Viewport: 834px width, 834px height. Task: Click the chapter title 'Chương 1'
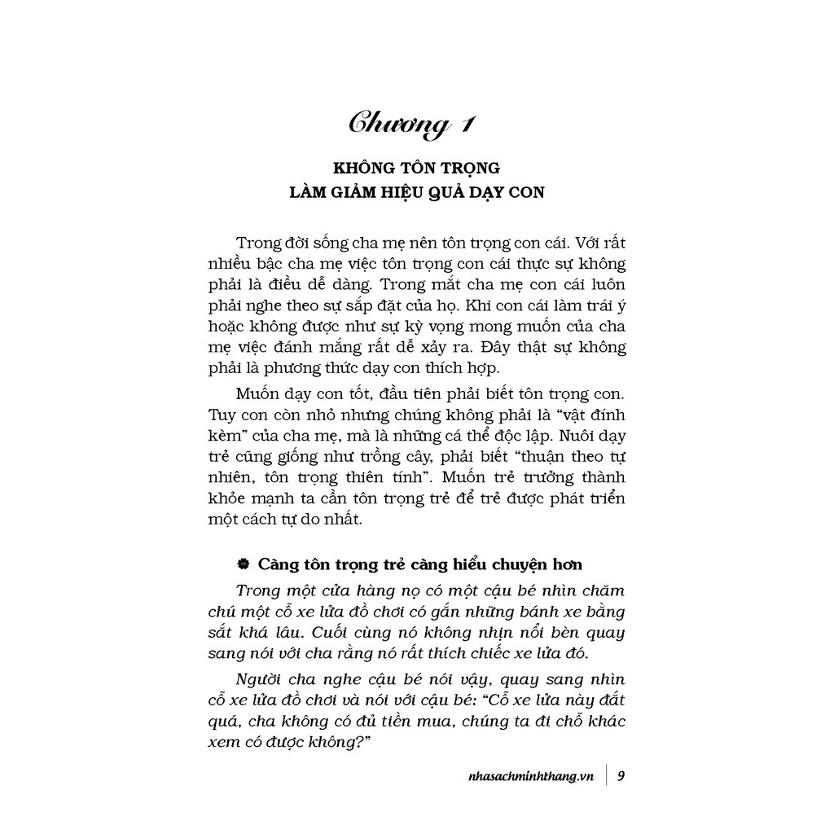(x=411, y=124)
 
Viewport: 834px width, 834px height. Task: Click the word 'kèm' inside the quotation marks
(x=218, y=435)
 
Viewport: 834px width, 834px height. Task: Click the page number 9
(x=621, y=775)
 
